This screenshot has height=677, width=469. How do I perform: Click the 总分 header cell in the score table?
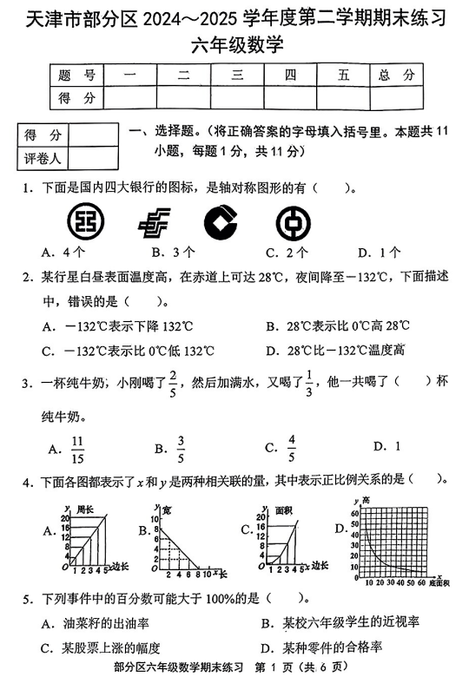coord(397,76)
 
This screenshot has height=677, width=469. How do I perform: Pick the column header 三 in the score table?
coord(237,76)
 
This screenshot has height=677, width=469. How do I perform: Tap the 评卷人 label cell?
coord(43,158)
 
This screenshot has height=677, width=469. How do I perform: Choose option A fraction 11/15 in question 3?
coord(76,448)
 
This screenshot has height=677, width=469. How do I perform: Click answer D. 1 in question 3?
coord(386,446)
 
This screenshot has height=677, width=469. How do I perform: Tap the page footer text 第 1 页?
coord(276,667)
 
